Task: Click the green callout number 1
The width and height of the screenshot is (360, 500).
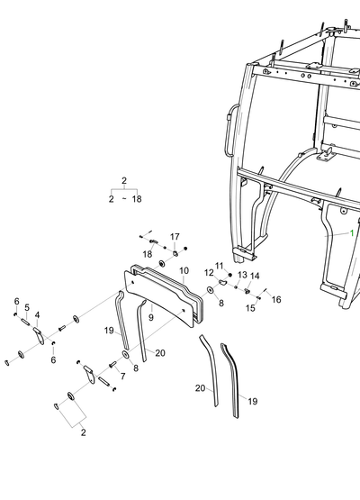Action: tap(352, 233)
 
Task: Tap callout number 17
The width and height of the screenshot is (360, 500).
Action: tap(175, 237)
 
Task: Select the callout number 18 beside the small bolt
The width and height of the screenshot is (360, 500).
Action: tap(148, 254)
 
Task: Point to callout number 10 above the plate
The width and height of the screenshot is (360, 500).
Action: tap(184, 271)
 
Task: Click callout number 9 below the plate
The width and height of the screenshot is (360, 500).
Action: tap(151, 317)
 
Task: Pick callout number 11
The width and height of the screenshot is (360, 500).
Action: tap(220, 266)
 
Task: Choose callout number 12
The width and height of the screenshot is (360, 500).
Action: tap(209, 273)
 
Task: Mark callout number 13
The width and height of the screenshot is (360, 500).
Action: tap(242, 275)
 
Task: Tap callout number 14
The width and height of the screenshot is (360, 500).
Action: tap(255, 277)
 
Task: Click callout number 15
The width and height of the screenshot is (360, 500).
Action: tap(250, 308)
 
